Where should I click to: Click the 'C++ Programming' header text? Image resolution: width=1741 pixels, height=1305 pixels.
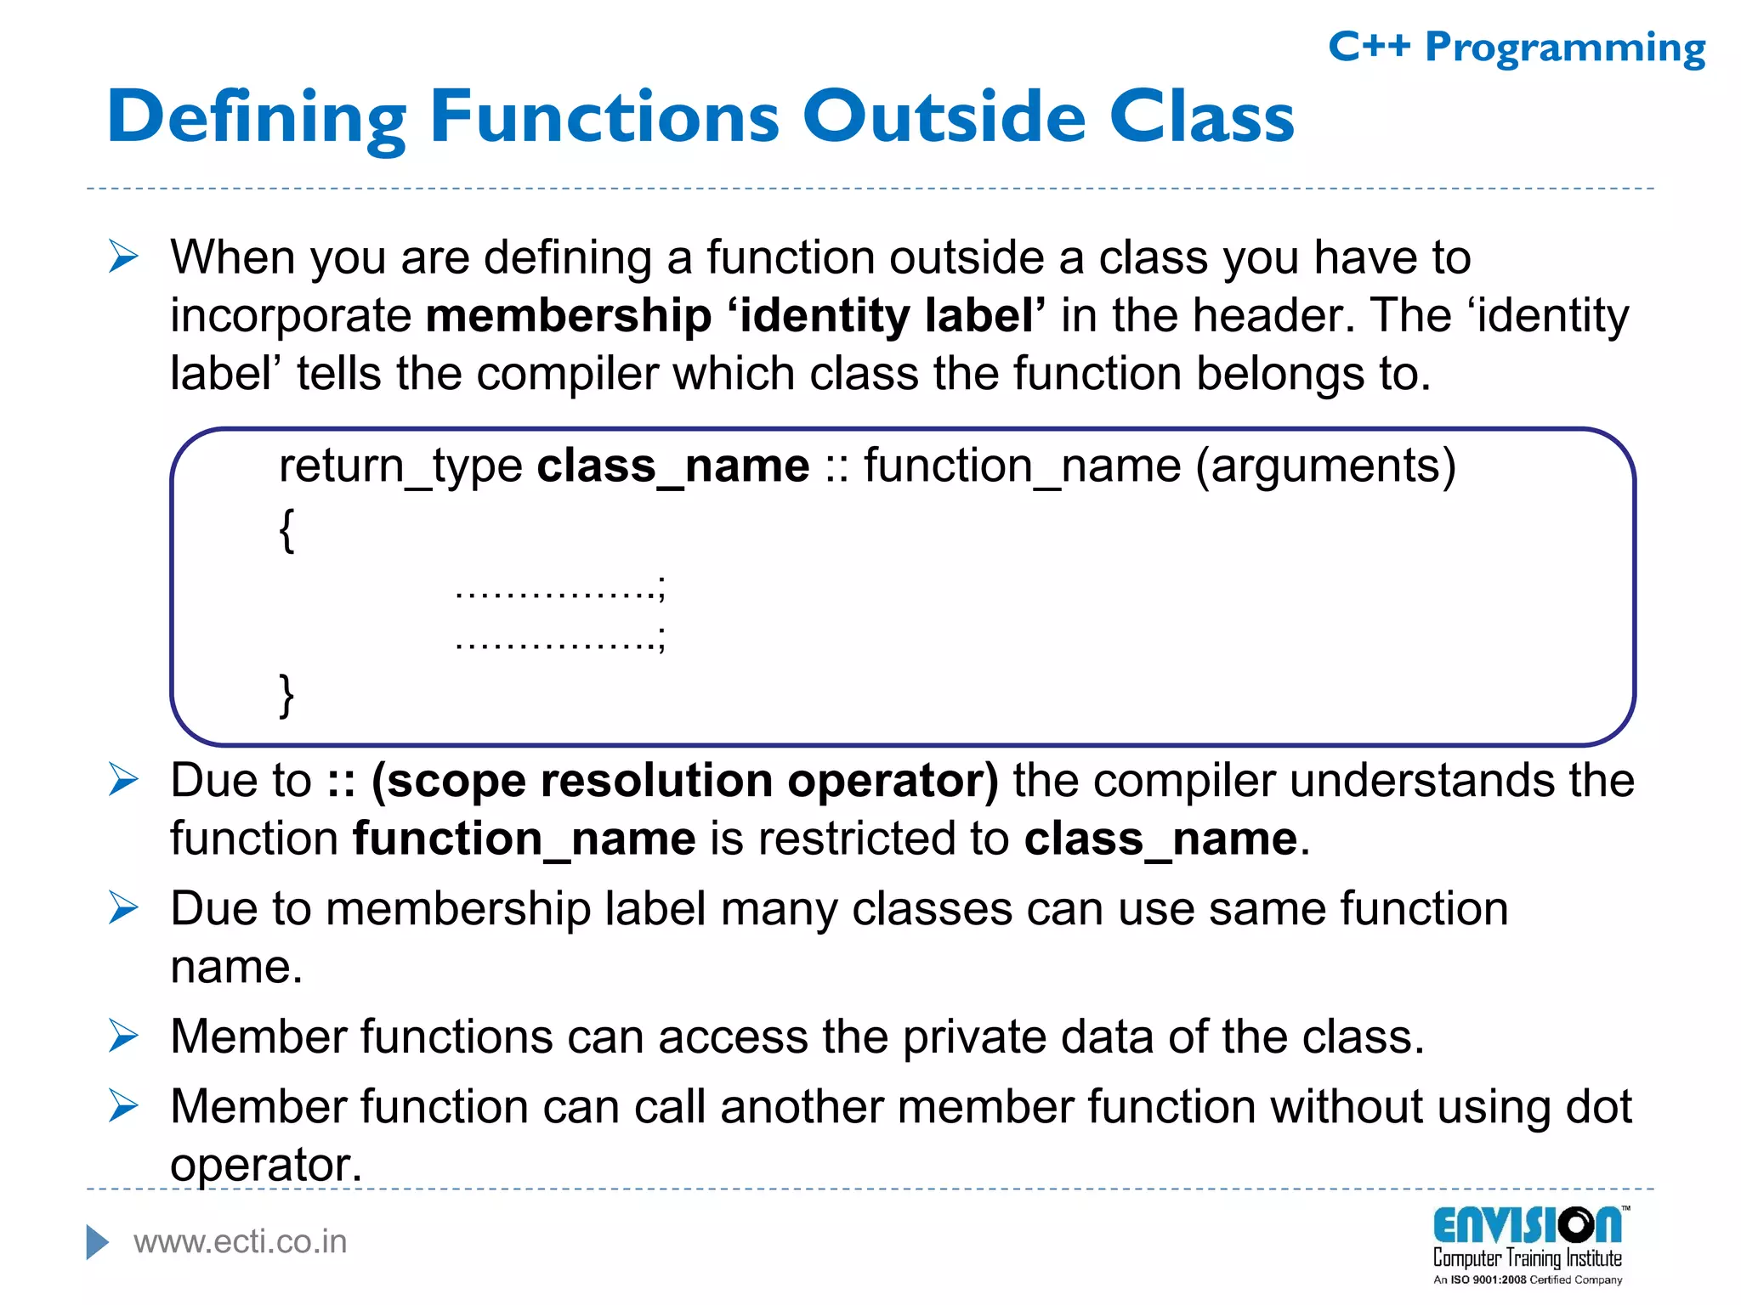tap(1516, 48)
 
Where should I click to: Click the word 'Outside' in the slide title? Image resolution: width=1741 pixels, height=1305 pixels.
tap(944, 116)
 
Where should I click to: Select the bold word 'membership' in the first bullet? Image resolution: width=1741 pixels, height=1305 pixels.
tap(568, 316)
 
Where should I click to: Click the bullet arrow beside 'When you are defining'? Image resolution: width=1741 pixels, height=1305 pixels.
tap(123, 257)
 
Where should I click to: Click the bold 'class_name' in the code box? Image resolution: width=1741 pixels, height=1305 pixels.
tap(673, 466)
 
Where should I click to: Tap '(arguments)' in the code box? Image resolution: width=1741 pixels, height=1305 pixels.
tap(1325, 466)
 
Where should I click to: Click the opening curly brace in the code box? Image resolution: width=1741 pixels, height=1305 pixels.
tap(287, 530)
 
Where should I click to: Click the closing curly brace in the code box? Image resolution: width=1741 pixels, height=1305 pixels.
tap(287, 695)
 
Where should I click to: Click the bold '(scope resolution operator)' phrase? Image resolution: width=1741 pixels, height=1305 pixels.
tap(685, 781)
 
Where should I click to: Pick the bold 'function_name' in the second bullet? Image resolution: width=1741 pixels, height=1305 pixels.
tap(525, 839)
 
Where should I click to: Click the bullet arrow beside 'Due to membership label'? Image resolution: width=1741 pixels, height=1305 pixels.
tap(123, 908)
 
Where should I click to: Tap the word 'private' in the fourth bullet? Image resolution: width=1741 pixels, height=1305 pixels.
tap(973, 1037)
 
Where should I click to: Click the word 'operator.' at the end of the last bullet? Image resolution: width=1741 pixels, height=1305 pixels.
tap(266, 1165)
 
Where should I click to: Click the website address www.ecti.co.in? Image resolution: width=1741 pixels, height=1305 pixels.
tap(241, 1242)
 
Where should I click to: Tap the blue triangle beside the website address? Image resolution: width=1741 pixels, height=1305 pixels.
tap(98, 1242)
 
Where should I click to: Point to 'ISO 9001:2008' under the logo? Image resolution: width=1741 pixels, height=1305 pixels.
tap(1488, 1280)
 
